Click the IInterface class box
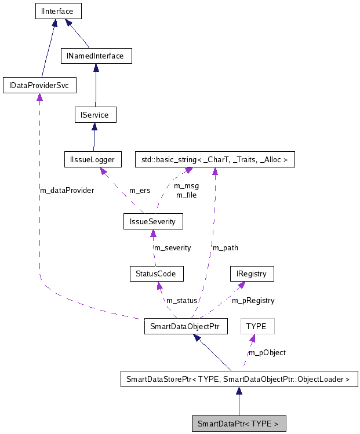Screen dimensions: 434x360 point(56,10)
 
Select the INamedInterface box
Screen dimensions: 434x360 point(96,56)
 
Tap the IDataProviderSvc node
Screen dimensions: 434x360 point(39,86)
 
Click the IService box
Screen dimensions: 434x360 point(96,115)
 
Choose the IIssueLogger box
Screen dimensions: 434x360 point(93,159)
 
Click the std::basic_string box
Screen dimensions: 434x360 point(214,159)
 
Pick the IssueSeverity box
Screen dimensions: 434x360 point(153,221)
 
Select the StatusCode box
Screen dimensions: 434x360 point(156,273)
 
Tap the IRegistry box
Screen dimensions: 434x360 point(251,273)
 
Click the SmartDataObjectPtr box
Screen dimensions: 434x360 point(186,326)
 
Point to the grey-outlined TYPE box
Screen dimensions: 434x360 point(256,326)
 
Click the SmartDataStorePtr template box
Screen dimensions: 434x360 point(238,380)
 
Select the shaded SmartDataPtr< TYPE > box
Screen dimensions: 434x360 point(238,424)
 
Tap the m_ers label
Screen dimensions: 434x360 point(140,190)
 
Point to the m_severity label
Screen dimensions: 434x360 point(172,247)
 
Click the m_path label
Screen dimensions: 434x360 point(226,247)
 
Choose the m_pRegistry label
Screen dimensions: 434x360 point(253,300)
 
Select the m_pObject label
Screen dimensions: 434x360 point(267,352)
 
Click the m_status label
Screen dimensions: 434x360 point(182,300)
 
